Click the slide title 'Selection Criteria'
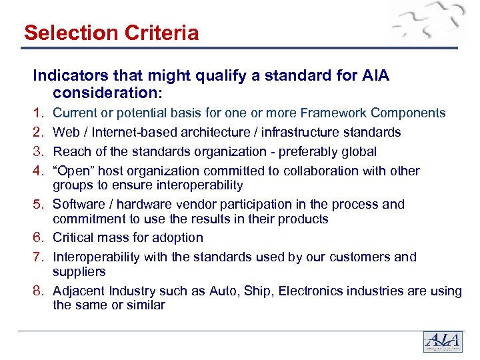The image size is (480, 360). pyautogui.click(x=111, y=33)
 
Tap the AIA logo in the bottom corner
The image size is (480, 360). pyautogui.click(x=443, y=342)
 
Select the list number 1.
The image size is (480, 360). pyautogui.click(x=39, y=113)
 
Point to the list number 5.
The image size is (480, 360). pyautogui.click(x=39, y=205)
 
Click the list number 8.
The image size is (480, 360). pyautogui.click(x=39, y=291)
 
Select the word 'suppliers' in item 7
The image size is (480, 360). pyautogui.click(x=79, y=271)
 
